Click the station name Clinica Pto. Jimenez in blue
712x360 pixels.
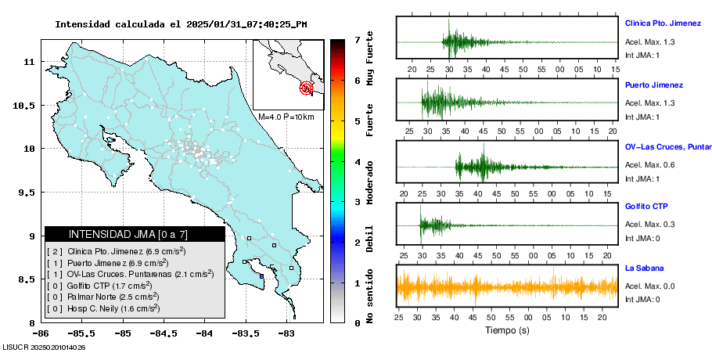[663, 23]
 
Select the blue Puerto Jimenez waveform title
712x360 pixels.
[654, 85]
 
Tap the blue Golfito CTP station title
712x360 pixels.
[645, 207]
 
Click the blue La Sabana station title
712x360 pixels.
[644, 268]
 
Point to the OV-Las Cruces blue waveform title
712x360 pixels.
[667, 146]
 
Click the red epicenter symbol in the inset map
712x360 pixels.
[306, 88]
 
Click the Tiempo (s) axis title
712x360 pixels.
[506, 330]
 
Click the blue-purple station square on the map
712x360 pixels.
[261, 275]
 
